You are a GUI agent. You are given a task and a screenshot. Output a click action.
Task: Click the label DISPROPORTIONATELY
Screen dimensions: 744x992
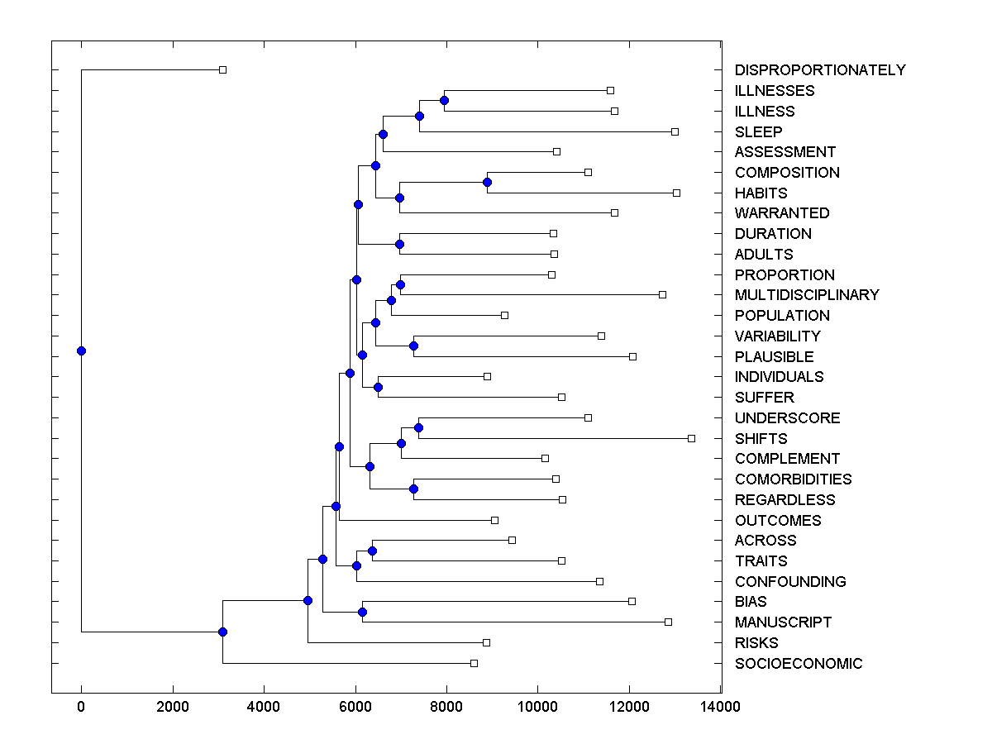[x=819, y=70]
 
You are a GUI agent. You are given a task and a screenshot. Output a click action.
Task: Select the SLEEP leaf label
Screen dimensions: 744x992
[x=758, y=131]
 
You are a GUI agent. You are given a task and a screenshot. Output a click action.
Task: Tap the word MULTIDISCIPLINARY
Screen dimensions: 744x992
[x=807, y=295]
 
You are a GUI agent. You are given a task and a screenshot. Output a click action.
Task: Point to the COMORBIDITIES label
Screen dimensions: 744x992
[x=793, y=479]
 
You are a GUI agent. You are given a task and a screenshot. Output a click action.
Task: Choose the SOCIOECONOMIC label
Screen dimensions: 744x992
[x=798, y=664]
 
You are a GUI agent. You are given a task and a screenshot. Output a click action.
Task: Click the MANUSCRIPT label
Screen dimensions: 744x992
[x=783, y=622]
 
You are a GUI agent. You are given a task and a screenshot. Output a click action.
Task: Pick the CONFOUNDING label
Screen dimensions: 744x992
[x=790, y=582]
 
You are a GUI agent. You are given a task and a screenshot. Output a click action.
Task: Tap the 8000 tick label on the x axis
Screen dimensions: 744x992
[x=446, y=707]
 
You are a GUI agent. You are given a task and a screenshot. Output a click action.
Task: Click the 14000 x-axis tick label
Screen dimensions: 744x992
[x=720, y=707]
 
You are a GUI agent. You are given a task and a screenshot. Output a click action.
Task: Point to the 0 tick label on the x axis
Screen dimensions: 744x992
[x=81, y=707]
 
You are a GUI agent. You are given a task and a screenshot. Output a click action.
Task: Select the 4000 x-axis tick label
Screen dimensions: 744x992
[x=264, y=707]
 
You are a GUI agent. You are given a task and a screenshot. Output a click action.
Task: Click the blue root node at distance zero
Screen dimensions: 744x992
[x=81, y=351]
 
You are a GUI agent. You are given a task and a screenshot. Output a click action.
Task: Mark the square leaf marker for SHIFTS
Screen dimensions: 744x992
[x=691, y=438]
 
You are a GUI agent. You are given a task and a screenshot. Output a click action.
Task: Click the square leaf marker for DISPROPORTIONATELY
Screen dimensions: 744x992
[x=222, y=70]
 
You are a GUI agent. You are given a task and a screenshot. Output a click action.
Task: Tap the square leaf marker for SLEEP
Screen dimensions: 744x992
[x=675, y=131]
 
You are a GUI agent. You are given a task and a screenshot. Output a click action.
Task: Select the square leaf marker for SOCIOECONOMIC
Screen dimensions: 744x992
[x=474, y=663]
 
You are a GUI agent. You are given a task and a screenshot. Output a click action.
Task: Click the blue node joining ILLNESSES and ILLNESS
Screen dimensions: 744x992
[x=444, y=100]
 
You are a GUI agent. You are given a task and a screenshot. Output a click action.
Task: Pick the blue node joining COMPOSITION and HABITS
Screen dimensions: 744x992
[x=487, y=182]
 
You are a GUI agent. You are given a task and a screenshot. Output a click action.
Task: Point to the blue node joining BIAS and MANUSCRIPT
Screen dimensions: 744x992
[x=362, y=612]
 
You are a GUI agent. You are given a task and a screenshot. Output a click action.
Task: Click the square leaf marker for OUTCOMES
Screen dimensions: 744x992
[x=494, y=520]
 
